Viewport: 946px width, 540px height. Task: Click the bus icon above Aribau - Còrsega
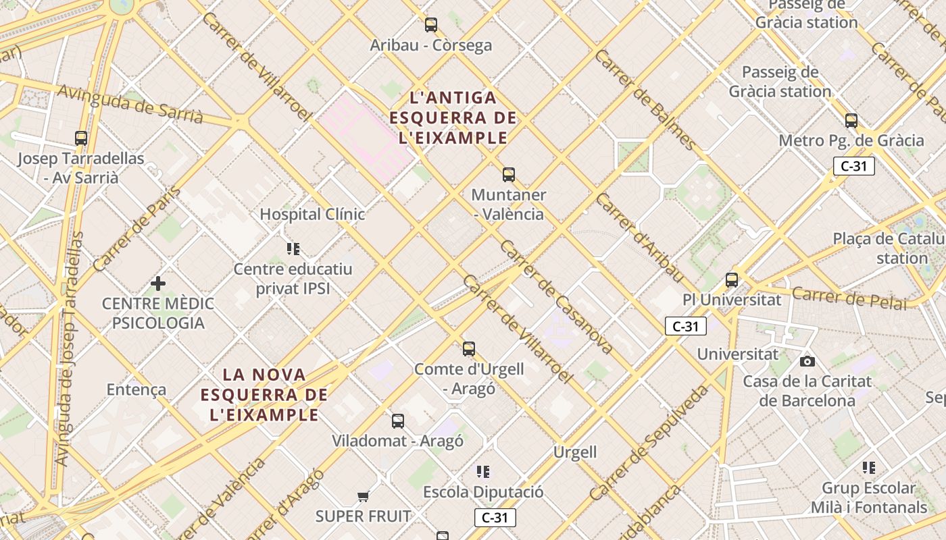[x=431, y=25]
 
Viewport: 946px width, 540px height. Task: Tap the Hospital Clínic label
[x=312, y=214]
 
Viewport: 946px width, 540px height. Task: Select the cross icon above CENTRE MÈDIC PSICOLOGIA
[x=158, y=283]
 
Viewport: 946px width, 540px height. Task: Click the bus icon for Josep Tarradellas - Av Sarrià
[x=81, y=138]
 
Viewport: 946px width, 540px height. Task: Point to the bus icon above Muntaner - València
[x=509, y=175]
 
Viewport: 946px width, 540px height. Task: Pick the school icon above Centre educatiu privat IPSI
[x=293, y=249]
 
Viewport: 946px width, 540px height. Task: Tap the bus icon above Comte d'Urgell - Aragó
[x=469, y=349]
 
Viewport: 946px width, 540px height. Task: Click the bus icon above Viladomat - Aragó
[x=398, y=421]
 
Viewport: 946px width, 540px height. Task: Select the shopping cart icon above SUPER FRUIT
[x=364, y=497]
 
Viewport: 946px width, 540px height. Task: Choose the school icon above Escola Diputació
[x=482, y=471]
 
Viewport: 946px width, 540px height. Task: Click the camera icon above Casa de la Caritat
[x=807, y=361]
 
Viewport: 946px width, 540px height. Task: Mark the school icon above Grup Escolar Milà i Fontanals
[x=869, y=467]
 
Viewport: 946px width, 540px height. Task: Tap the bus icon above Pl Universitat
[x=732, y=279]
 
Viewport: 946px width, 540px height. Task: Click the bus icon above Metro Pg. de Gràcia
[x=851, y=121]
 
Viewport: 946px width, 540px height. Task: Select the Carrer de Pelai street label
[x=849, y=298]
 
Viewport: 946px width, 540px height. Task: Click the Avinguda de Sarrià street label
[x=130, y=104]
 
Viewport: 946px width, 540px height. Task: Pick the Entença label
[x=136, y=389]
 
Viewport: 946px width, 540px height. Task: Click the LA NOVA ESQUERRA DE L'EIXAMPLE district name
[x=264, y=394]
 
